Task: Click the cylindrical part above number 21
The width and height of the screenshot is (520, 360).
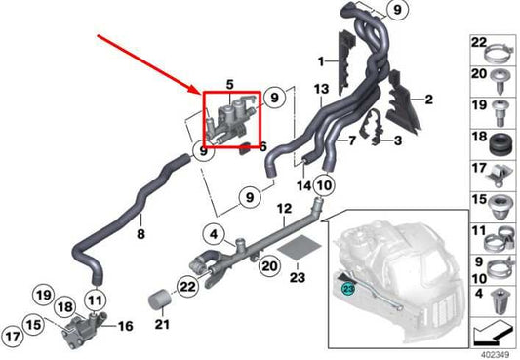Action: pyautogui.click(x=159, y=299)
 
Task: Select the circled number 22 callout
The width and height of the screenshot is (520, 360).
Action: pyautogui.click(x=187, y=287)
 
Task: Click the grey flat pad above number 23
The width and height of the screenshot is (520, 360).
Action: pyautogui.click(x=300, y=248)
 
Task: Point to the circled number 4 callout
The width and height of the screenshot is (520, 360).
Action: pyautogui.click(x=214, y=235)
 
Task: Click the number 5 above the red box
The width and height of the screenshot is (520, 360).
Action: pyautogui.click(x=230, y=85)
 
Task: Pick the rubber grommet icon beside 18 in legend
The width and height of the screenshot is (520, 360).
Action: pyautogui.click(x=500, y=144)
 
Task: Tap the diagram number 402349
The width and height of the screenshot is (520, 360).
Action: pyautogui.click(x=495, y=355)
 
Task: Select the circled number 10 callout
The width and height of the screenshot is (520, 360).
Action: pyautogui.click(x=324, y=185)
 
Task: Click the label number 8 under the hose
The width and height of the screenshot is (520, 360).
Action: pyautogui.click(x=140, y=234)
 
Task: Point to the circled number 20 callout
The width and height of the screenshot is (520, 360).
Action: pyautogui.click(x=269, y=266)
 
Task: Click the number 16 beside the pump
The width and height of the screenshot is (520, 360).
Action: pyautogui.click(x=125, y=326)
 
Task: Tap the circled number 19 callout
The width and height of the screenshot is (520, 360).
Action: pyautogui.click(x=44, y=295)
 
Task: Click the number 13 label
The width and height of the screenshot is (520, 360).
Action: pyautogui.click(x=321, y=89)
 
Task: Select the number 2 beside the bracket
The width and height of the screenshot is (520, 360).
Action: pyautogui.click(x=429, y=100)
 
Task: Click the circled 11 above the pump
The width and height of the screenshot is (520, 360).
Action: pyautogui.click(x=96, y=300)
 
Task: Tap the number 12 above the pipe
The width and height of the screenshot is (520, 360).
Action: pyautogui.click(x=284, y=209)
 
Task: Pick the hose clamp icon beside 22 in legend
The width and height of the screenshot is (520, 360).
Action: pyautogui.click(x=500, y=54)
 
